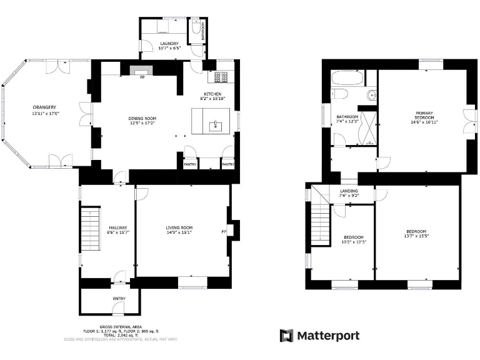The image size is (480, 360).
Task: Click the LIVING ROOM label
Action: tap(179, 227)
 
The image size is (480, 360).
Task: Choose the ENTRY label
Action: tap(119, 299)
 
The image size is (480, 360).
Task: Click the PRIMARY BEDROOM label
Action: tap(424, 115)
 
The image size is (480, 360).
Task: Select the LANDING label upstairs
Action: tap(349, 191)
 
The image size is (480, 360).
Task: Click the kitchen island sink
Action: tap(216, 126)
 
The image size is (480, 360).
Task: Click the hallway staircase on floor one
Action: tap(91, 229)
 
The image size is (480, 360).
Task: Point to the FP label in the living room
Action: tap(223, 232)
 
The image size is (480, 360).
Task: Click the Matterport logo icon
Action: tap(286, 336)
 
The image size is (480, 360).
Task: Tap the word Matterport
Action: tap(328, 336)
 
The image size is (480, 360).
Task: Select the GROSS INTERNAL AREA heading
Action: tap(121, 326)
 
